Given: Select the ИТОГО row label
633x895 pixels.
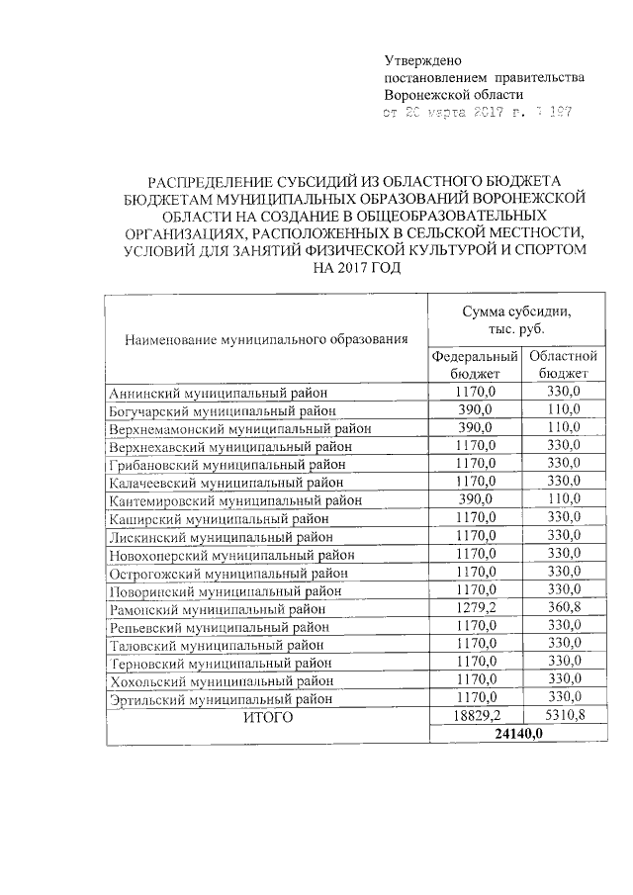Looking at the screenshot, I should (268, 717).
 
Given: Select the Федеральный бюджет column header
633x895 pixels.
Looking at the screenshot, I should (476, 364).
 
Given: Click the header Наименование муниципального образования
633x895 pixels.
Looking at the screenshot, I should (266, 340).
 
